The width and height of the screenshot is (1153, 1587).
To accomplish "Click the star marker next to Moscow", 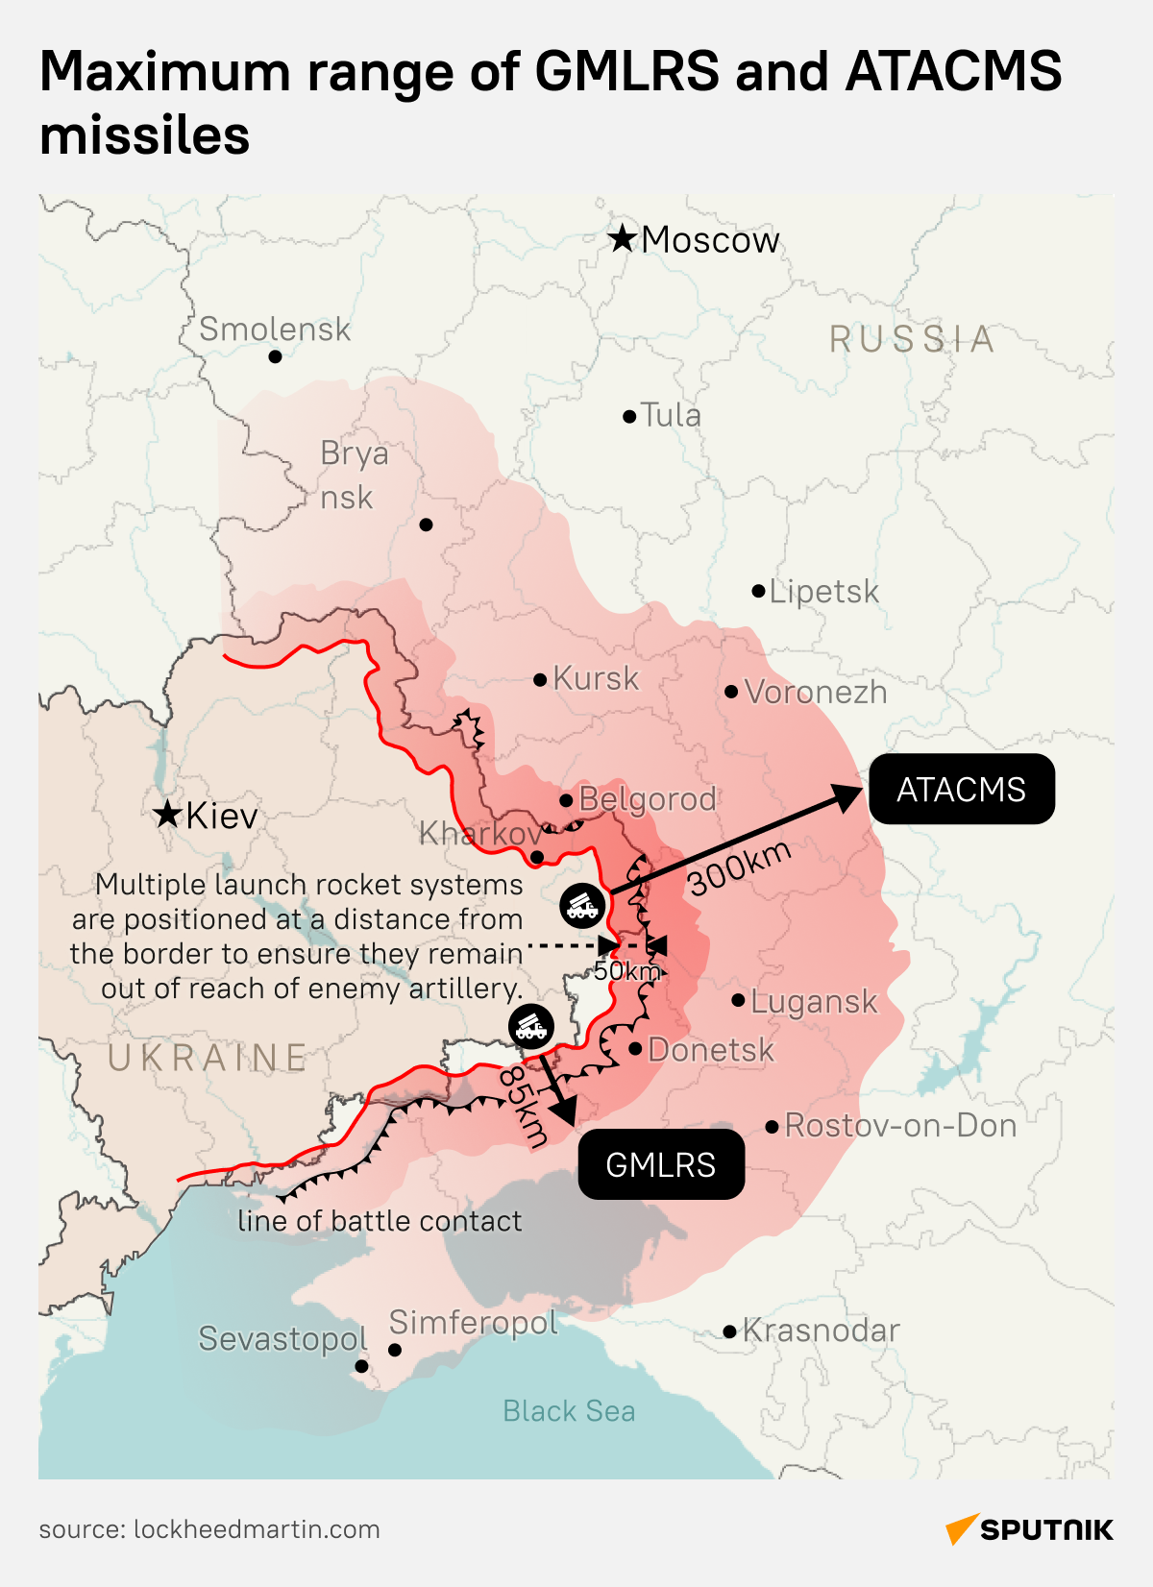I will [623, 238].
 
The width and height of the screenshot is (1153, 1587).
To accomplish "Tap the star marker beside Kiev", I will [167, 815].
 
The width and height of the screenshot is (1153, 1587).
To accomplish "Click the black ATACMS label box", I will [962, 790].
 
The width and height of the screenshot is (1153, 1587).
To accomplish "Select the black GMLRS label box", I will [661, 1164].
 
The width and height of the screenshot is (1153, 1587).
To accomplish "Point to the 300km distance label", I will [740, 867].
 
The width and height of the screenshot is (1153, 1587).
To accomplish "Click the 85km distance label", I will [524, 1106].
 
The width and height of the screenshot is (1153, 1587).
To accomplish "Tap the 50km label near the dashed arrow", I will [626, 971].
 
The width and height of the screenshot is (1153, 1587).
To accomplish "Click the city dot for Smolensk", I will [275, 356].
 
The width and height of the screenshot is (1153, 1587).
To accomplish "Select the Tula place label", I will [671, 415].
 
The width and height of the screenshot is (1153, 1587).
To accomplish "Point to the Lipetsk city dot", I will [758, 591].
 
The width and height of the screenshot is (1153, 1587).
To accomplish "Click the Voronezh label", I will [816, 692].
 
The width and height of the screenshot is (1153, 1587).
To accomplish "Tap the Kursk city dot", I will [540, 679].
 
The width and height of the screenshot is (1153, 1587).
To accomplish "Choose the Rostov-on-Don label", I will [900, 1125].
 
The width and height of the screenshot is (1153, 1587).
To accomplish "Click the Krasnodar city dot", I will [729, 1331].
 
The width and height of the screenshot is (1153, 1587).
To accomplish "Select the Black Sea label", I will [569, 1410].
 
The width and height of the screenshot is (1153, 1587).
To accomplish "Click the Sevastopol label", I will [282, 1338].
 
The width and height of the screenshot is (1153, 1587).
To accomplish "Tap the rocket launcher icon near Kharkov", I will [582, 905].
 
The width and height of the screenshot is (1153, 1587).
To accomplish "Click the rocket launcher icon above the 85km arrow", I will [531, 1028].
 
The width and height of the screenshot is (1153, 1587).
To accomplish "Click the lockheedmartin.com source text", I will [256, 1529].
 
